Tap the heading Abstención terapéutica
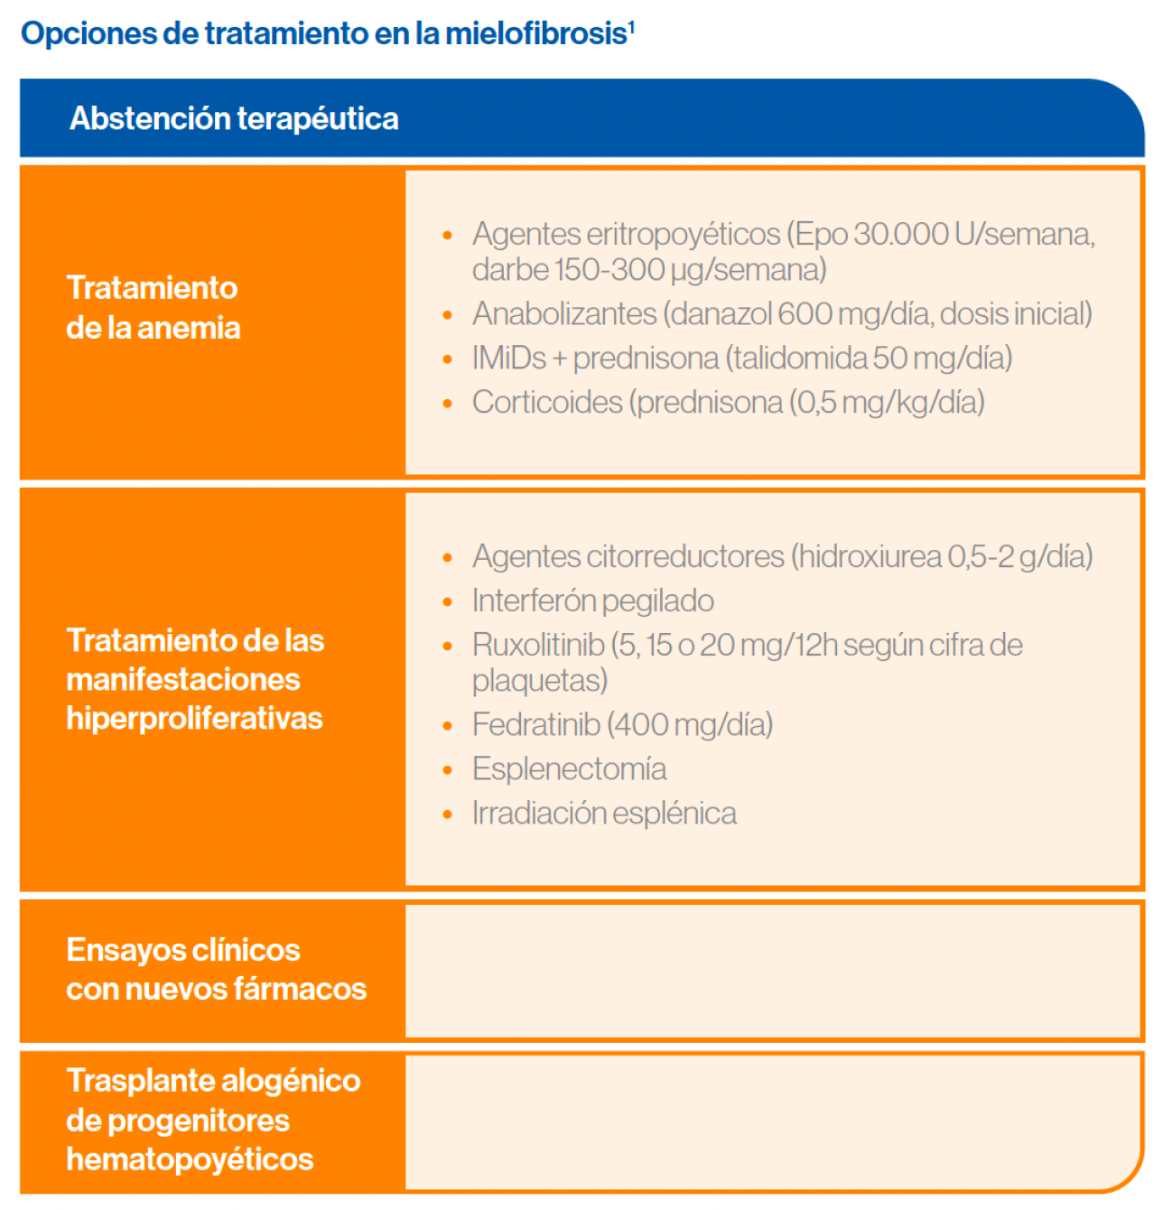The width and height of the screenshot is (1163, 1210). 234,118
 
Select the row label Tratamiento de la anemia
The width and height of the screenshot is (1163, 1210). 154,307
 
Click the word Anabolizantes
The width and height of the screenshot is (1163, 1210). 564,313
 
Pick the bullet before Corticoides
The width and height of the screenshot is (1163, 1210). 447,403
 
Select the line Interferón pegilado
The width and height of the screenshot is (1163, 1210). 592,600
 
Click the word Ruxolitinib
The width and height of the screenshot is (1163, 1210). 538,645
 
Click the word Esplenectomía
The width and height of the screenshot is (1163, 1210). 569,768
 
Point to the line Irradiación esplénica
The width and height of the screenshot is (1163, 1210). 603,813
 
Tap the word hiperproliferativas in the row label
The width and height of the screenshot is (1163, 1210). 194,718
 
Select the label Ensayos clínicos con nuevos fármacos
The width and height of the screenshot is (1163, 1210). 216,969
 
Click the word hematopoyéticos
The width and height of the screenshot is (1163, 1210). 190,1159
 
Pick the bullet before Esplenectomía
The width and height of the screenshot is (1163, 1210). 447,769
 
